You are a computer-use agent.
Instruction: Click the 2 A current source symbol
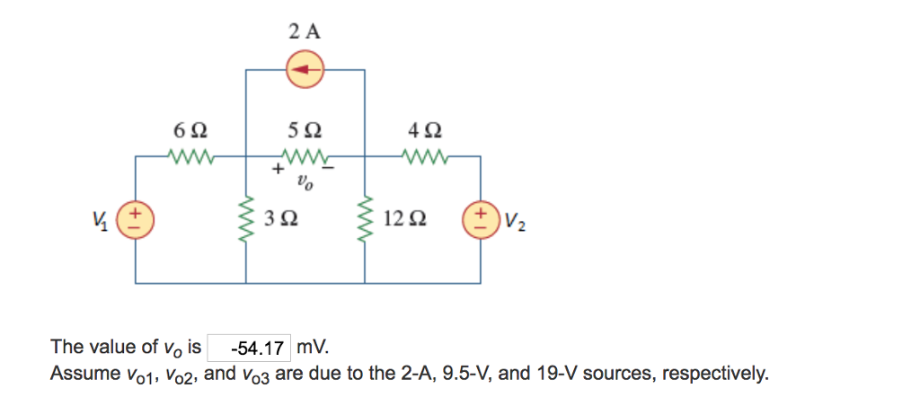[305, 68]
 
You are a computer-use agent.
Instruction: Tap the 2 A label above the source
[305, 31]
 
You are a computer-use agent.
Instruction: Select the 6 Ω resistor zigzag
[190, 158]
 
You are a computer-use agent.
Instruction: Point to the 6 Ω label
[190, 130]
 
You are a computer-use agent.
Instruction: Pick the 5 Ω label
[305, 130]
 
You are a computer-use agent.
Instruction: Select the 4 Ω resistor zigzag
[424, 158]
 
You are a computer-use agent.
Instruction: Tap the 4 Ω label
[424, 130]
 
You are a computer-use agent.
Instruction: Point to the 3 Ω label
[282, 218]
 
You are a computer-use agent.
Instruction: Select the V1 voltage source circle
[137, 219]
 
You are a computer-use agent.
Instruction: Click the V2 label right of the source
[511, 220]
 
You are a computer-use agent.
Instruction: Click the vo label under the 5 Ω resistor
[305, 184]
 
